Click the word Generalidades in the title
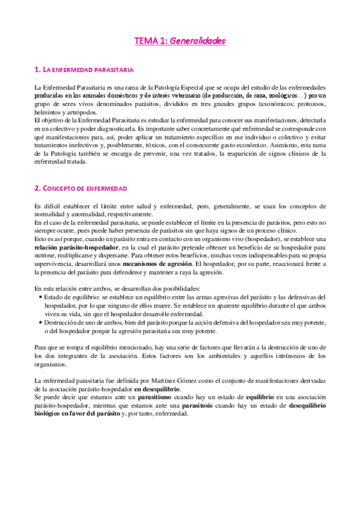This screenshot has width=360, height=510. pos(198,41)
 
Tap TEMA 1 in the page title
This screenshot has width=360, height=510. pos(151,41)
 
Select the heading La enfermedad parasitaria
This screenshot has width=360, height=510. pos(84,70)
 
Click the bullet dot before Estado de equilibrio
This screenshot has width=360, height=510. pos(40,297)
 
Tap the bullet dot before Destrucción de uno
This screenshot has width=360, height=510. pos(40,322)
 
